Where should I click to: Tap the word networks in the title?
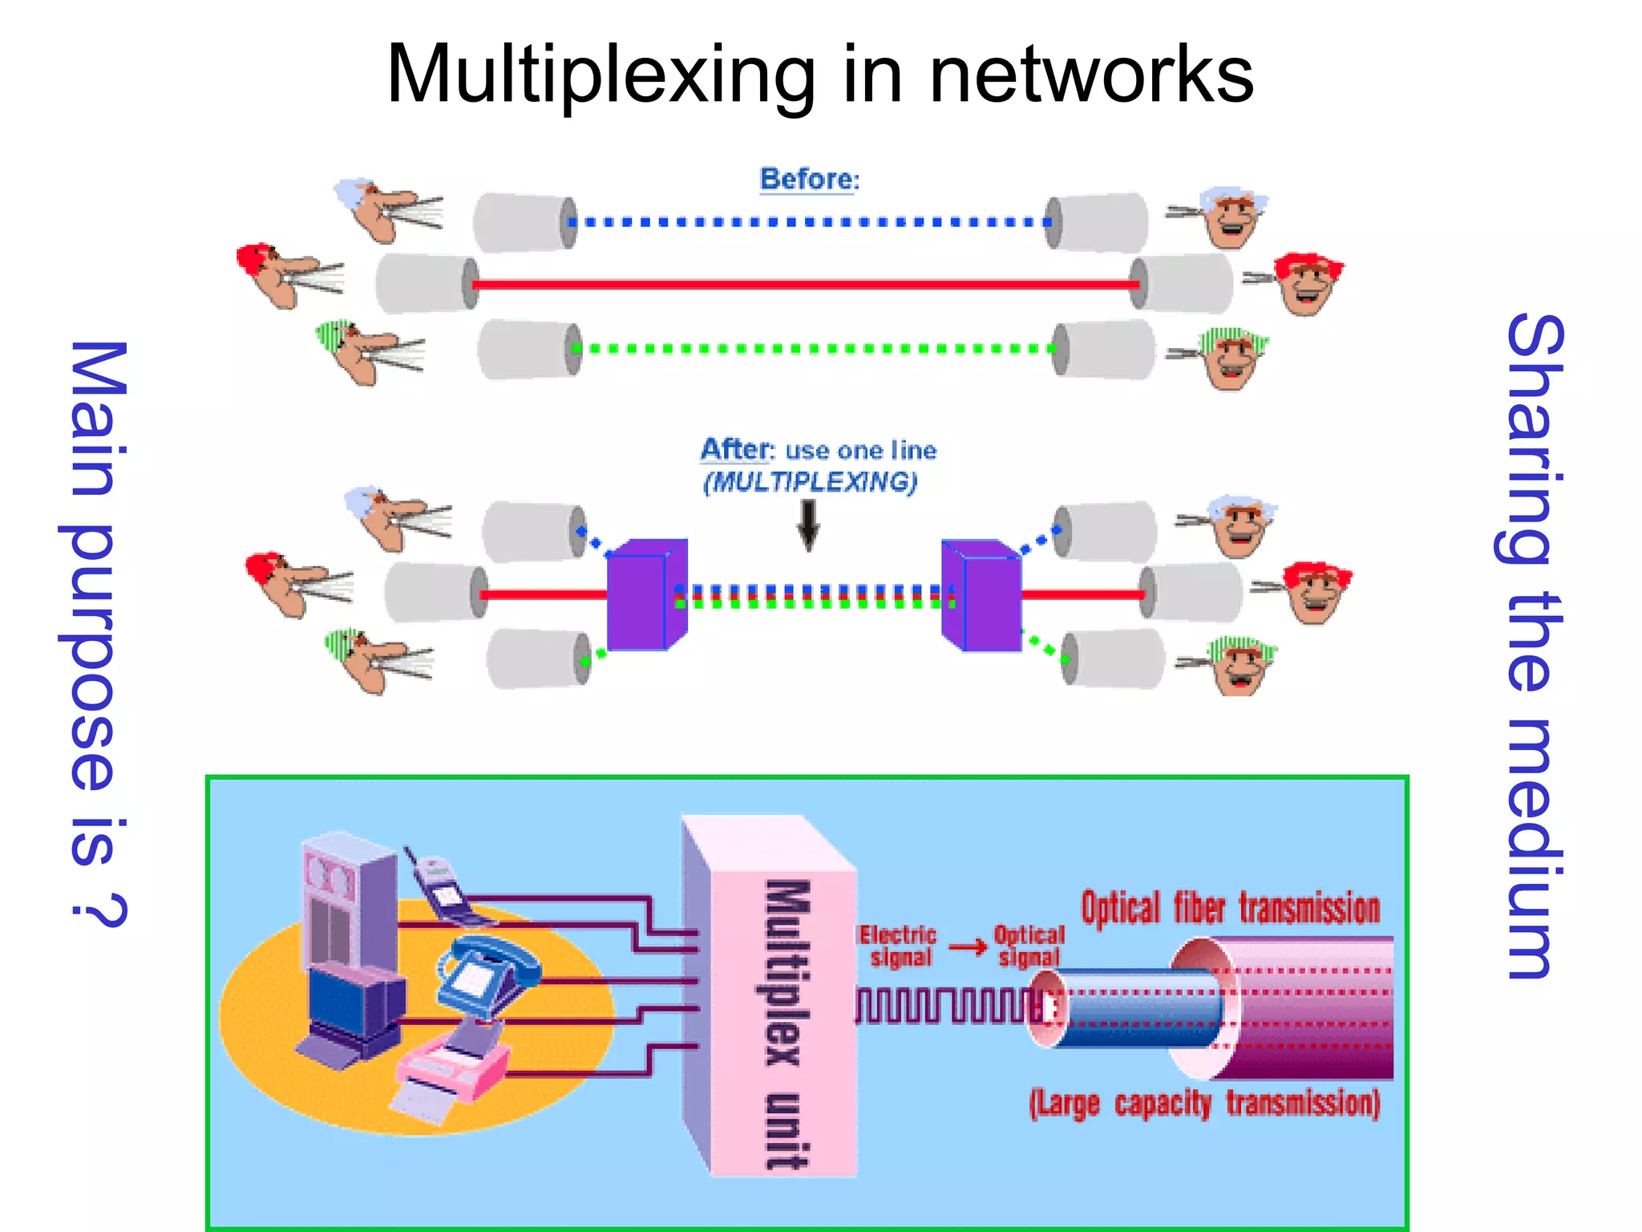click(1090, 76)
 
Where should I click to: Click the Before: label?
click(809, 179)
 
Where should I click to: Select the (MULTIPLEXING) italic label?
click(810, 482)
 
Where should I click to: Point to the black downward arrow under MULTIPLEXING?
click(809, 525)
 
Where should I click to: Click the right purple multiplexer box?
click(982, 594)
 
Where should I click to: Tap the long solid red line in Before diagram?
click(806, 284)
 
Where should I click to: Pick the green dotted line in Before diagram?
click(814, 348)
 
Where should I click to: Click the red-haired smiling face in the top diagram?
click(1307, 284)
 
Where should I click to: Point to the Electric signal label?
click(898, 946)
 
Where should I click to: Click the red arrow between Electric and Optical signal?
click(967, 947)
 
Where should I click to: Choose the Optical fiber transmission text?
click(1230, 909)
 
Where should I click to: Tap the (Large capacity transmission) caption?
click(1204, 1104)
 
